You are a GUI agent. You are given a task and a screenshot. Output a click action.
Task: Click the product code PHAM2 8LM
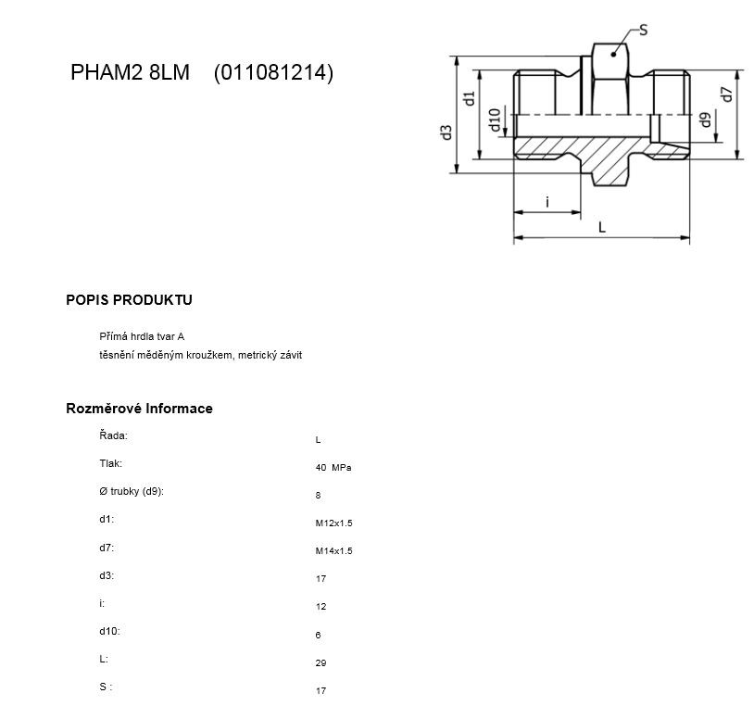(130, 72)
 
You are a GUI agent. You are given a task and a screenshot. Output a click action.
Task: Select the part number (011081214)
(273, 72)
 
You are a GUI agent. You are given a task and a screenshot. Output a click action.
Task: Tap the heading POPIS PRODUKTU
(129, 300)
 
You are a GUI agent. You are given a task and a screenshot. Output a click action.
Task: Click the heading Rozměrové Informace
(139, 409)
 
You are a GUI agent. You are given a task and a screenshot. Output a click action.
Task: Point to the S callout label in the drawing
(644, 31)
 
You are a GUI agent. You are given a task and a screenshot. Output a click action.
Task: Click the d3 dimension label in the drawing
(446, 132)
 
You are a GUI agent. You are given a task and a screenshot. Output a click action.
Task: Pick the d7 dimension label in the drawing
(726, 95)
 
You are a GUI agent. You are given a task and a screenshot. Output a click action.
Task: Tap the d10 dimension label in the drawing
(495, 120)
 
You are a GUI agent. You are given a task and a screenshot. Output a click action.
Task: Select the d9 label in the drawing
(705, 120)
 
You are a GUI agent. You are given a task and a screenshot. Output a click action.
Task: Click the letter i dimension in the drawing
(547, 202)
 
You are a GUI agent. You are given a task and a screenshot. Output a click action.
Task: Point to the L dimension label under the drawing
(601, 227)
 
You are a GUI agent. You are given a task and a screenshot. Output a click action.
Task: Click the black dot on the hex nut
(613, 55)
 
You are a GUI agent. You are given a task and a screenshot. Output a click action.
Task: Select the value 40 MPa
(333, 468)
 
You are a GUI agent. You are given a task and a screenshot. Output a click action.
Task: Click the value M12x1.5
(333, 523)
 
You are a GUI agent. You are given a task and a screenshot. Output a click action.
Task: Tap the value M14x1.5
(333, 551)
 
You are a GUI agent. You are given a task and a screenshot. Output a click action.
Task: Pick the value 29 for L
(320, 663)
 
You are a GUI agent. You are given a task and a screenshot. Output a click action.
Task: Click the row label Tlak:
(110, 463)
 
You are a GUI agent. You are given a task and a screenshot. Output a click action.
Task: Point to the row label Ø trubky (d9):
(132, 491)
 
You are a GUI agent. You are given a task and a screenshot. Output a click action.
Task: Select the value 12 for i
(320, 607)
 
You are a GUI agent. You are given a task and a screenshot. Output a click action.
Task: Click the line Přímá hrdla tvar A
(142, 336)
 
